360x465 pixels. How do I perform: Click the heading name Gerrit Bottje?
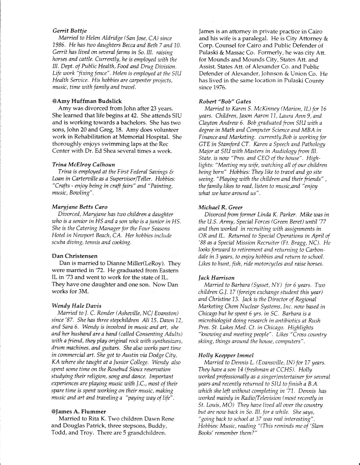tap(69, 30)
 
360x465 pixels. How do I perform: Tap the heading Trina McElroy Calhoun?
tap(83, 165)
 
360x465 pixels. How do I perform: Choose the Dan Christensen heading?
tap(75, 256)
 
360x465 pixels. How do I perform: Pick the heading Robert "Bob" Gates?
tap(225, 102)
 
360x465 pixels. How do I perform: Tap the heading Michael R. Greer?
tap(221, 207)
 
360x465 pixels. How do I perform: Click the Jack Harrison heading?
tap(216, 278)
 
